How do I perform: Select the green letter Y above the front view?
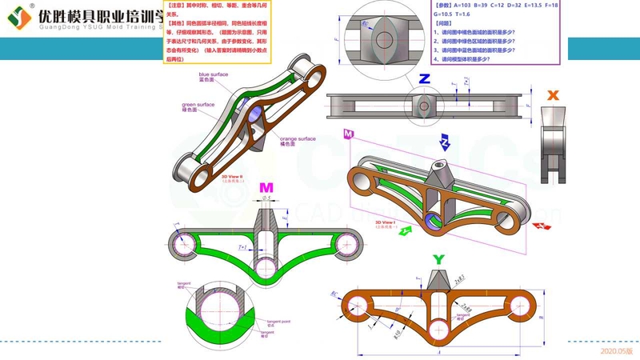437,259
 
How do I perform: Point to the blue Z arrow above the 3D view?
442,143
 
